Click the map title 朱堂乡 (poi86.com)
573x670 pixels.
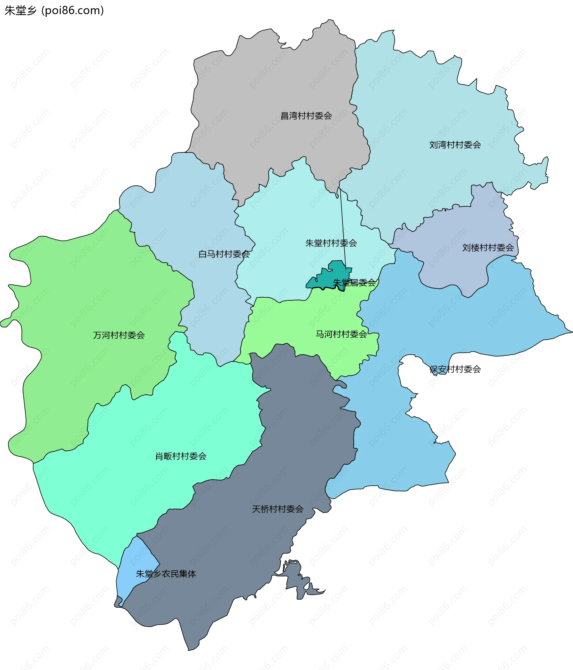tap(54, 10)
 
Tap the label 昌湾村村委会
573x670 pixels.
tap(306, 116)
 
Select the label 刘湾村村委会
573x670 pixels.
tap(455, 145)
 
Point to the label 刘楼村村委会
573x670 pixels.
tap(488, 248)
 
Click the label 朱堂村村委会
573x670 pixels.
tap(331, 243)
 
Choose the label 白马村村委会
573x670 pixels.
tap(224, 254)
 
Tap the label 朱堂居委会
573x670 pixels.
tap(354, 282)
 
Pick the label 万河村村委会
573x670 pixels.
tap(119, 335)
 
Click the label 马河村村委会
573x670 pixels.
tap(341, 334)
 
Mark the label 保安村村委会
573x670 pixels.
tap(455, 369)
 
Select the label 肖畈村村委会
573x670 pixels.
tap(181, 456)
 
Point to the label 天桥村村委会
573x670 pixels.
tap(277, 509)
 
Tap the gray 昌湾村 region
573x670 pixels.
tap(275, 97)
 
